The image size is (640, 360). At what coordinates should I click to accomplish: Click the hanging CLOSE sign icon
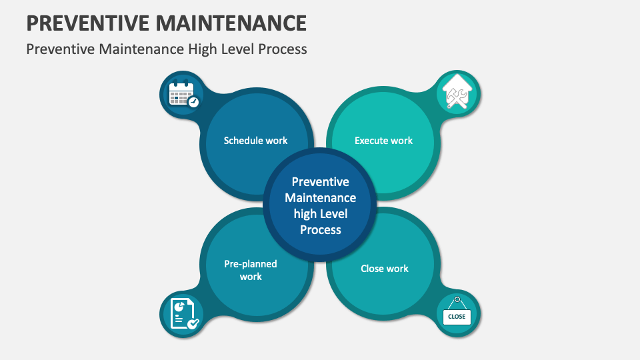coord(457,313)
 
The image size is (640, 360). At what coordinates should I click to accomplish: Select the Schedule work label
coord(255,141)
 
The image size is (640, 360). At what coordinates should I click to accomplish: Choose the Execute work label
coord(383,141)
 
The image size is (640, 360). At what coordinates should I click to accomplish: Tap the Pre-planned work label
coord(251,270)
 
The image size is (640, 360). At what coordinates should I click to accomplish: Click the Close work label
coord(385,269)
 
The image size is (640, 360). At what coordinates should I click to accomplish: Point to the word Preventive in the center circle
coord(320,182)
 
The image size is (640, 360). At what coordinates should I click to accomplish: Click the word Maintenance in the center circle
coord(320,198)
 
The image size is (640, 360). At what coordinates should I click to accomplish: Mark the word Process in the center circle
coord(320,230)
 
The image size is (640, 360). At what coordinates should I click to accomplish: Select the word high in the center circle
coord(306,214)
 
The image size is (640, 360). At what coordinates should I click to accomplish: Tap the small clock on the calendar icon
coord(193,102)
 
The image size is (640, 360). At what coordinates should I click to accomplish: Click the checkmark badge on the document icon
coord(193,323)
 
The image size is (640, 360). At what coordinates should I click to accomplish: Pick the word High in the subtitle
coord(193,49)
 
